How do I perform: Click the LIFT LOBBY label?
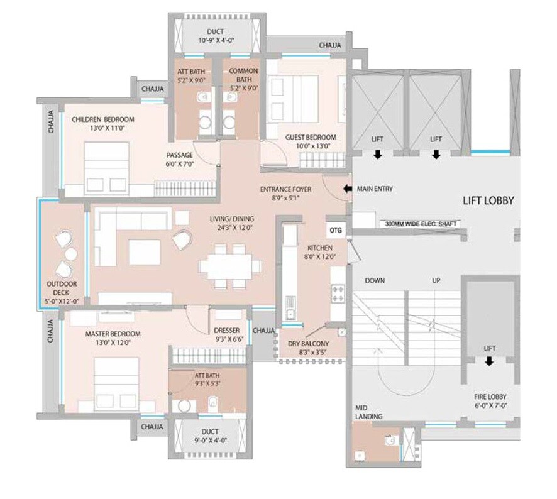[x=488, y=201]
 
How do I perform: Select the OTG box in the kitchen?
[x=336, y=230]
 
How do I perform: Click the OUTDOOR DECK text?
[x=61, y=293]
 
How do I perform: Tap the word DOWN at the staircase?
[x=375, y=280]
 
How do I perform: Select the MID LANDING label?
[x=369, y=412]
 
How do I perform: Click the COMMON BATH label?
[x=240, y=76]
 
